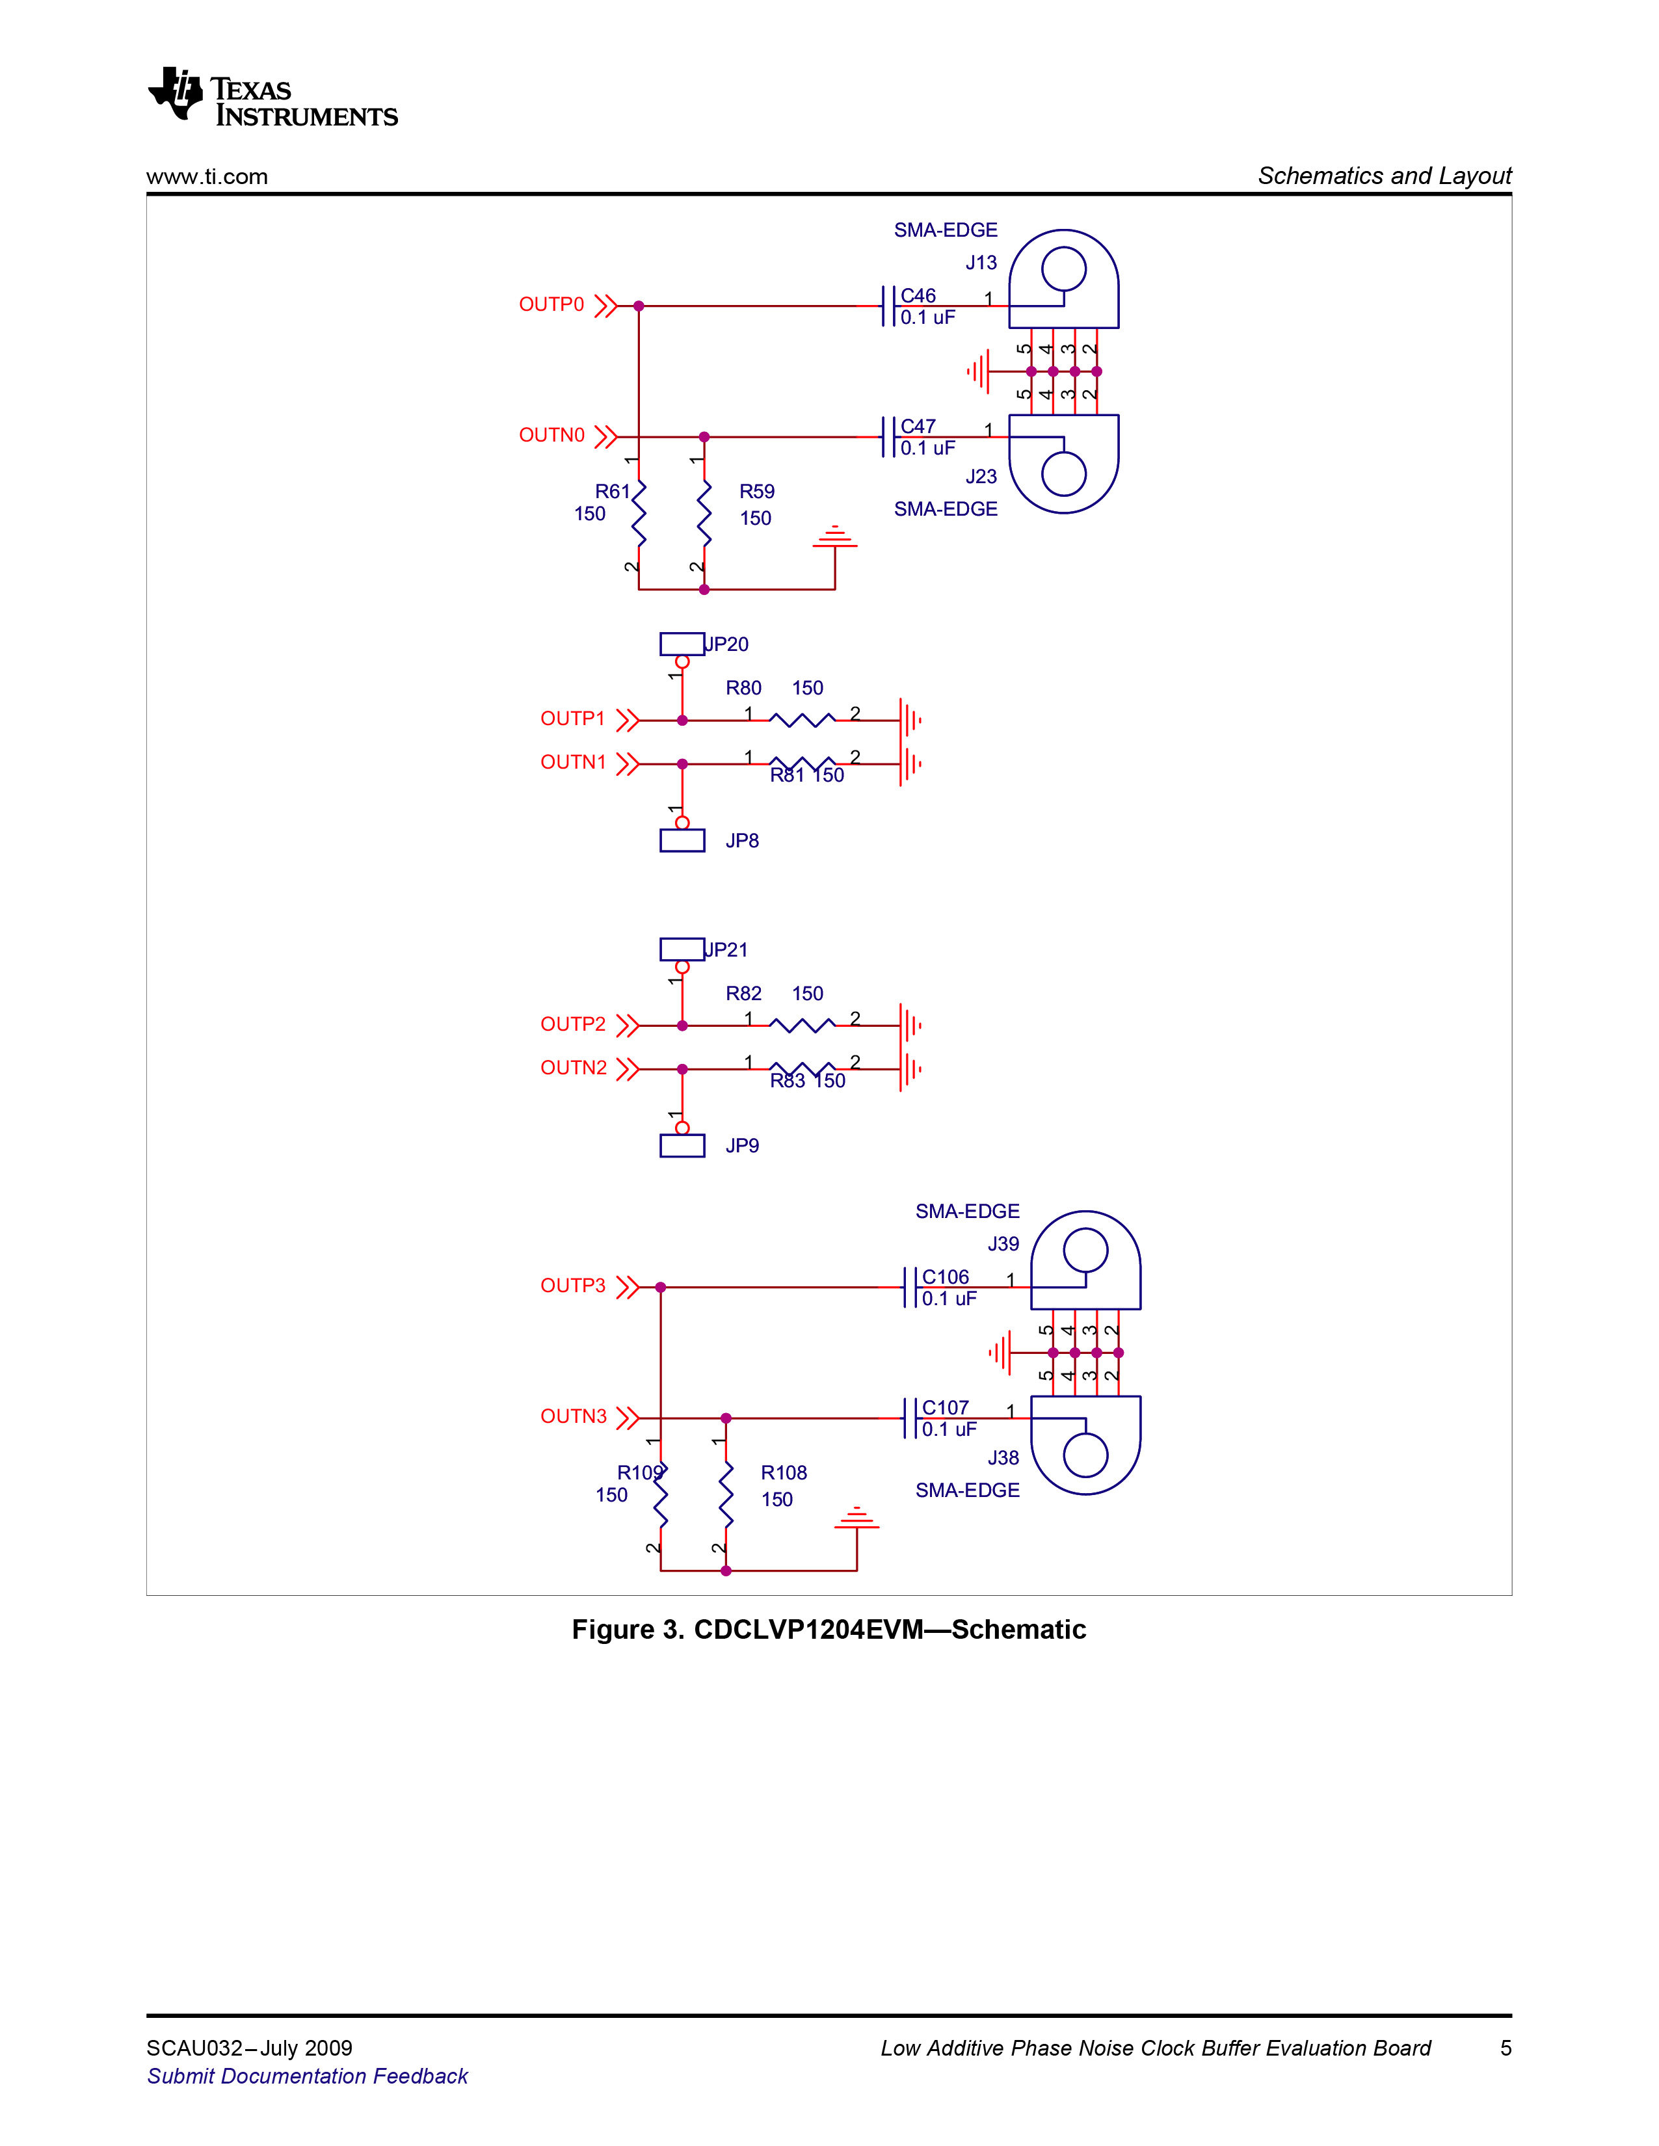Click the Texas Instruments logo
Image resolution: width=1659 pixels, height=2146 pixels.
272,98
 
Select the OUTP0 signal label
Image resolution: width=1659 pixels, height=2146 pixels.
551,304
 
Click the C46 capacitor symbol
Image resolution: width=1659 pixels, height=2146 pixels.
888,306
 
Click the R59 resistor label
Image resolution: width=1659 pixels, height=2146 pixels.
757,491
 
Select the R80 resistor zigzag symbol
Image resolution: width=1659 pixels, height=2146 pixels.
802,721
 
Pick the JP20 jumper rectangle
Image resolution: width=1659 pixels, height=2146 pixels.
682,644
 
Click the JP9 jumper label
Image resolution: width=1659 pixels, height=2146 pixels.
742,1146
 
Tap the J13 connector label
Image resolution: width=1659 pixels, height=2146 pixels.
981,262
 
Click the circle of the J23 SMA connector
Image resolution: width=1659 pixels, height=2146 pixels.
1063,475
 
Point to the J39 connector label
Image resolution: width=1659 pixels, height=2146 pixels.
1003,1244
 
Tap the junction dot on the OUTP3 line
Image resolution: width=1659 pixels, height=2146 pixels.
661,1287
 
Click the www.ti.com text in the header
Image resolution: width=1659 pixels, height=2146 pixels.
207,177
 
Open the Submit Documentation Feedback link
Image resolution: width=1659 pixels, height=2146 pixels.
308,2076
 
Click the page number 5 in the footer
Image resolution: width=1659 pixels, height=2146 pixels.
1506,2048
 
